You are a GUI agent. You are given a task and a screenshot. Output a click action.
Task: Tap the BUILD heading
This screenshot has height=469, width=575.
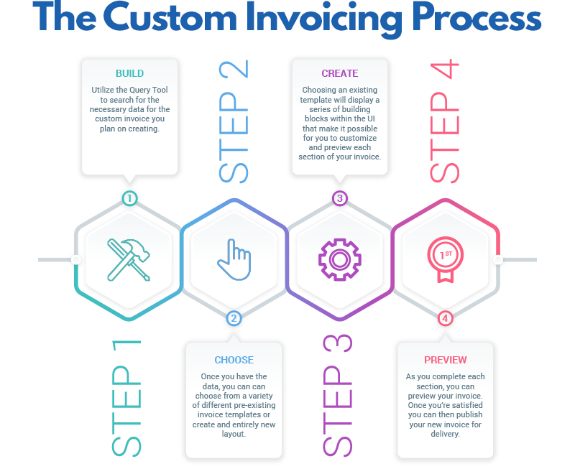point(129,73)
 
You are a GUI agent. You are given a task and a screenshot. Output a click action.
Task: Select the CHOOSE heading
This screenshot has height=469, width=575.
point(234,360)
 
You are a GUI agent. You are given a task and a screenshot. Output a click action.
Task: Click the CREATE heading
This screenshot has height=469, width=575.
point(340,73)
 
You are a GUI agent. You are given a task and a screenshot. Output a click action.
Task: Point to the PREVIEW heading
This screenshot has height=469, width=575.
point(446,360)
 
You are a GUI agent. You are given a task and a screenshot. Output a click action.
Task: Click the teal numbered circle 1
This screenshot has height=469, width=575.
point(129,198)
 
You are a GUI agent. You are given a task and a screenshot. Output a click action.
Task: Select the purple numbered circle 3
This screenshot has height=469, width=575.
point(340,198)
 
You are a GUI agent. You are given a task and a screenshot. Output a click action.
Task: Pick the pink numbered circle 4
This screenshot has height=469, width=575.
point(446,318)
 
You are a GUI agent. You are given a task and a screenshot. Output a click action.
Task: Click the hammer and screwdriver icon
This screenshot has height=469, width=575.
point(129,259)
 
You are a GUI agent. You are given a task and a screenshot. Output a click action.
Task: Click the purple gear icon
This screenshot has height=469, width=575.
point(339,259)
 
